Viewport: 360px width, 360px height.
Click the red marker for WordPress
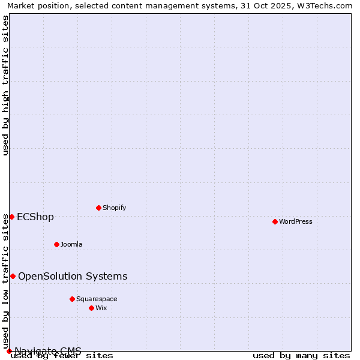coord(275,221)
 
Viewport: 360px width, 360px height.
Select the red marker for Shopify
coord(98,208)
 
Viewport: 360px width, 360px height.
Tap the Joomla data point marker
coord(56,244)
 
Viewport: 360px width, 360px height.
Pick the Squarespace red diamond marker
coord(72,299)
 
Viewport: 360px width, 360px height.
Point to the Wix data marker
coord(91,308)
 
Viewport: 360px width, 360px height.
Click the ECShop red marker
coord(11,217)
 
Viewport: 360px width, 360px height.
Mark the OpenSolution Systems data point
coord(13,276)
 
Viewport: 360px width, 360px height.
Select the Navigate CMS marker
coord(9,351)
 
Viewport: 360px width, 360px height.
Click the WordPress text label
coord(296,221)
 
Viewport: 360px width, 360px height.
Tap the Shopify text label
coord(114,208)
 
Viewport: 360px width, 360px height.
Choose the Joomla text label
coord(71,244)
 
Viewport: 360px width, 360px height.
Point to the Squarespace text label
coord(97,299)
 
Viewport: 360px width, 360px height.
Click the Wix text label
coord(101,308)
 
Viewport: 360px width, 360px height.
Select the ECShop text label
coord(35,217)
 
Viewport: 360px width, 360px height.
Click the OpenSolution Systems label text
coord(73,276)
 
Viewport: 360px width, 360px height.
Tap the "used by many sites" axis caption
coord(301,355)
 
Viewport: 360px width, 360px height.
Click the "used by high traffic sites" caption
coord(6,85)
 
